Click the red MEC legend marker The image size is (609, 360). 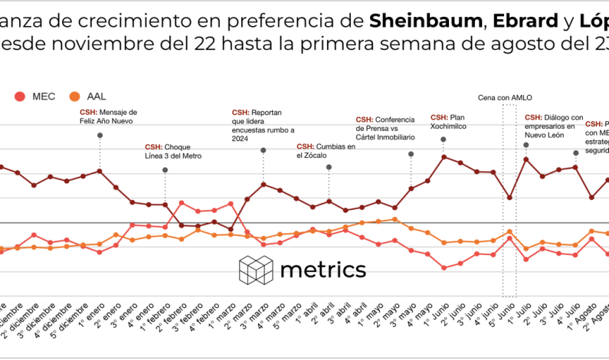[20, 97]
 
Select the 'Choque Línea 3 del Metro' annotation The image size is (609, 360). [173, 151]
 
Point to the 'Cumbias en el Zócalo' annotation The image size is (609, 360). [326, 151]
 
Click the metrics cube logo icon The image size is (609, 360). [256, 270]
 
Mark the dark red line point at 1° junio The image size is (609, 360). [444, 156]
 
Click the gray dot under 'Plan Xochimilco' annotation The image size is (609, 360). [444, 139]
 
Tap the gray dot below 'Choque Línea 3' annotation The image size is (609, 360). [165, 170]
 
